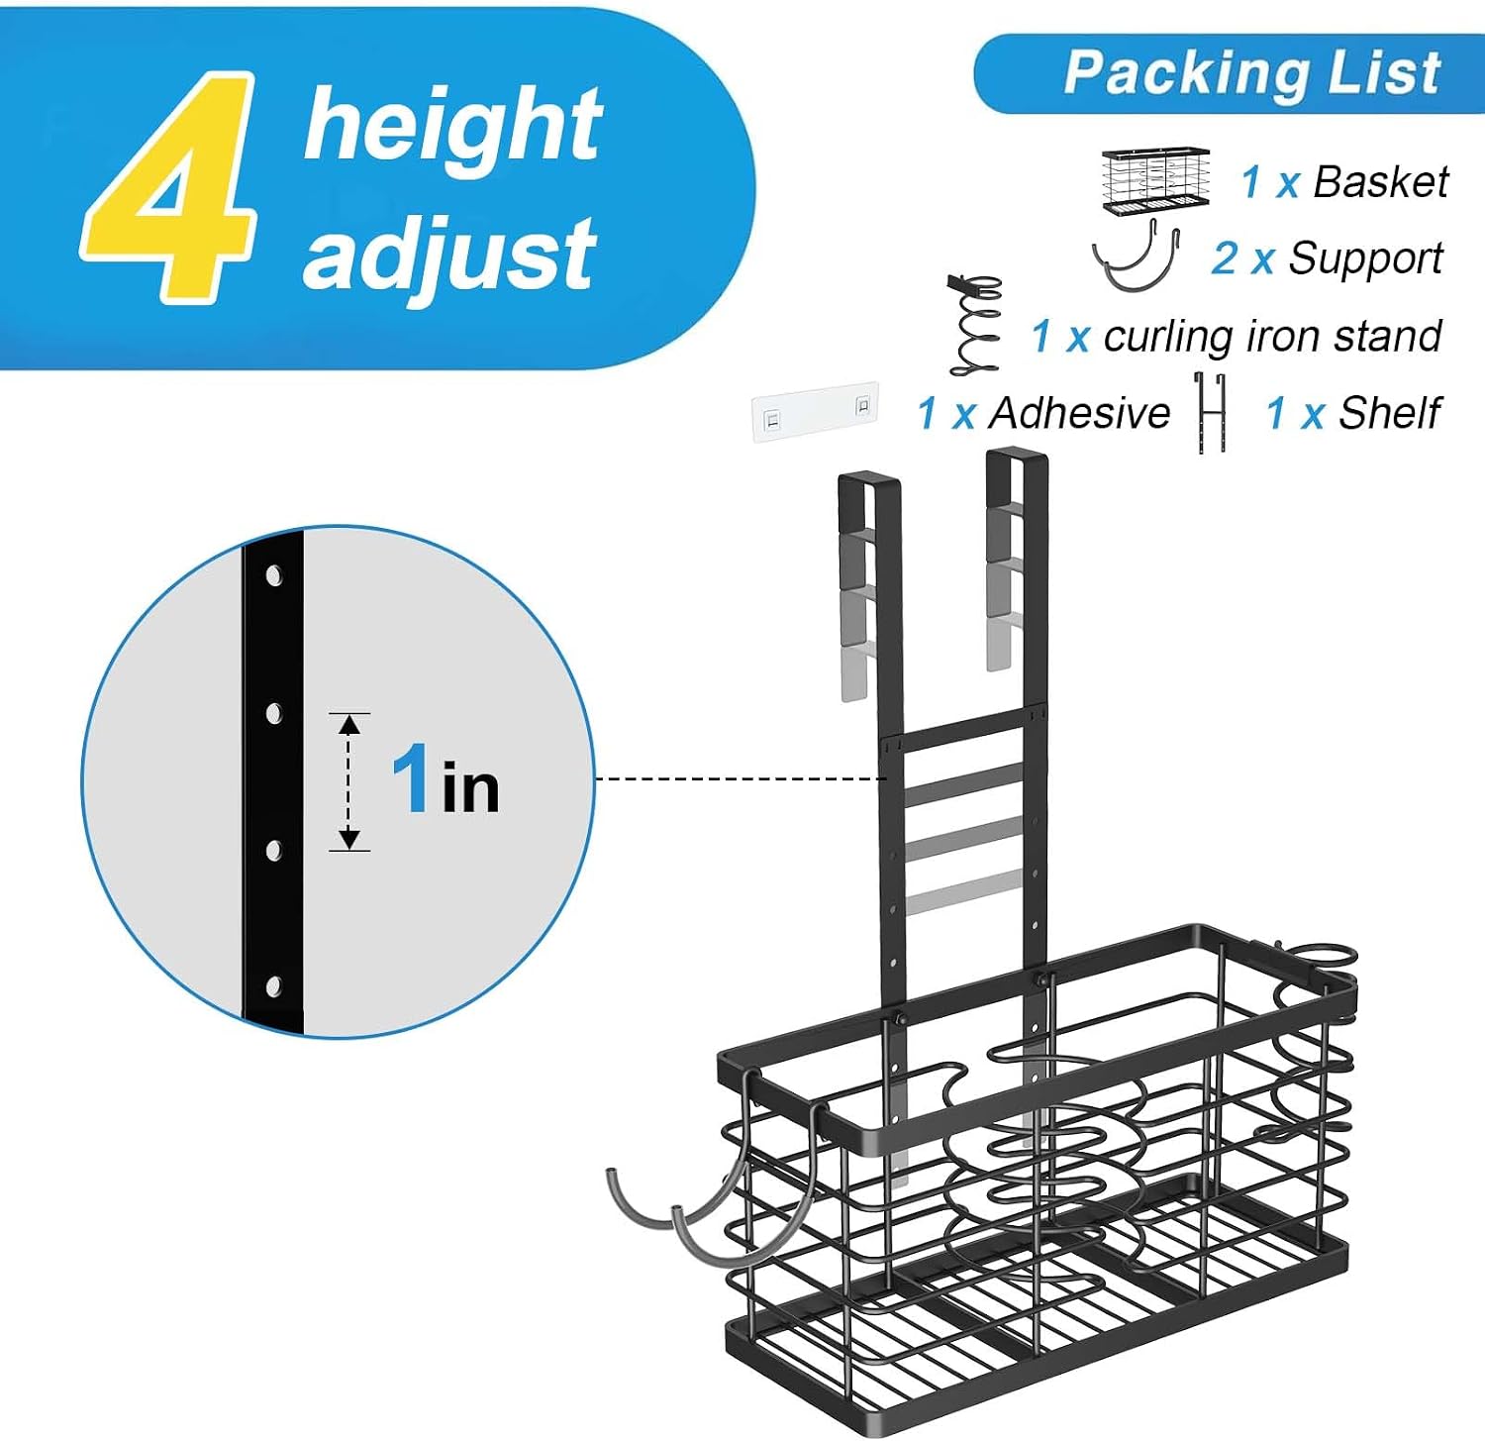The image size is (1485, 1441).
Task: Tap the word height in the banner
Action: (452, 125)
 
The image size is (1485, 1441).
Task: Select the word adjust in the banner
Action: (448, 255)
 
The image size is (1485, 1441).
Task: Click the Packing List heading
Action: (1251, 73)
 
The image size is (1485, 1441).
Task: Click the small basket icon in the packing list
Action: (1156, 181)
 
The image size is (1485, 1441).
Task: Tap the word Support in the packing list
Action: (1365, 258)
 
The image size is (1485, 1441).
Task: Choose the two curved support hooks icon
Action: (1138, 256)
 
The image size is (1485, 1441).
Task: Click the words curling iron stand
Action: (1272, 337)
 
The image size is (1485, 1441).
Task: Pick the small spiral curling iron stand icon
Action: (975, 325)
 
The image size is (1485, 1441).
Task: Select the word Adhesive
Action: (1080, 413)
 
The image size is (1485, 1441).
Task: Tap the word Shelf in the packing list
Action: (1389, 413)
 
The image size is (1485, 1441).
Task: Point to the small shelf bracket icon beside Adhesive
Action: (1211, 413)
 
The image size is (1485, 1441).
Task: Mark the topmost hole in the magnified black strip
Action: (274, 575)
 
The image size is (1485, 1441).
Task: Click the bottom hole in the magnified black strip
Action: (274, 985)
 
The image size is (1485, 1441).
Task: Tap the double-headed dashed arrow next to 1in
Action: (348, 781)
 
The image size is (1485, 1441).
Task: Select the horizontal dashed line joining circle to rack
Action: (741, 779)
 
